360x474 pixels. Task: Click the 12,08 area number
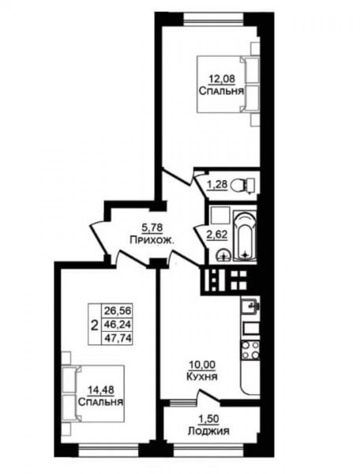[x=222, y=79]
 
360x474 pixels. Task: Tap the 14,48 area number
[x=101, y=390]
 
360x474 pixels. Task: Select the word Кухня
[x=202, y=377]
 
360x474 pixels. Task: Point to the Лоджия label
[x=208, y=431]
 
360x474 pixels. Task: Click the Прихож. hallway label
[x=152, y=240]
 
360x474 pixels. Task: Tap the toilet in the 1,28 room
[x=243, y=184]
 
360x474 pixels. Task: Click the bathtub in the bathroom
[x=245, y=236]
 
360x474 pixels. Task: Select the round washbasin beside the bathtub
[x=223, y=254]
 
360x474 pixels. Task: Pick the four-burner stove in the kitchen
[x=250, y=350]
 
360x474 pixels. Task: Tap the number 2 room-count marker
[x=95, y=325]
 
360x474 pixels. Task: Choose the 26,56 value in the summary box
[x=118, y=310]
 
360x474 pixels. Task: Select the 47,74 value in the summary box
[x=118, y=337]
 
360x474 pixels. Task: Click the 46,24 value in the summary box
[x=118, y=324]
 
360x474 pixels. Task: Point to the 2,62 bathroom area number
[x=217, y=235]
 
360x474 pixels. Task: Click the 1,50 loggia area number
[x=208, y=419]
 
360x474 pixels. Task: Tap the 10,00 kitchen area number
[x=202, y=365]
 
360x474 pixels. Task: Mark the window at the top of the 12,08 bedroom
[x=214, y=19]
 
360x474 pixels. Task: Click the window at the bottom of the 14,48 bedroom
[x=109, y=450]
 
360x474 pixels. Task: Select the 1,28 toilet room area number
[x=217, y=184]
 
